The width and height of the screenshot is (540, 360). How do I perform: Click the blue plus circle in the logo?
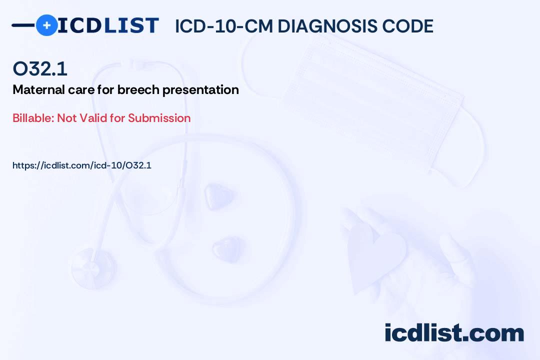pos(46,25)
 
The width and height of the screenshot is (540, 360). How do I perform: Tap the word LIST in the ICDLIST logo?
pos(131,25)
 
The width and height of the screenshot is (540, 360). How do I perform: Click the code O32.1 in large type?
pos(40,68)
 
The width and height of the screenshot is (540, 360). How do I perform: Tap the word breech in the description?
pos(138,89)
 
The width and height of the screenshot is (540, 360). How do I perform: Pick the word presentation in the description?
pos(200,90)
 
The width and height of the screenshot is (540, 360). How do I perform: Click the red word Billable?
pos(33,118)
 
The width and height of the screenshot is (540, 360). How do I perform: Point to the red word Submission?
pos(159,118)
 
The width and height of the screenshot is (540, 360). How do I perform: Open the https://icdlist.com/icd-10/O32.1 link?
pos(82,165)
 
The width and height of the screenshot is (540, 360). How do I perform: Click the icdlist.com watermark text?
pos(454,333)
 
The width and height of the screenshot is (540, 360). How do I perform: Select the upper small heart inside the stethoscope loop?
pos(218,196)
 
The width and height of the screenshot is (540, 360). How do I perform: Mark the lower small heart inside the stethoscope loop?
pos(226,248)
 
